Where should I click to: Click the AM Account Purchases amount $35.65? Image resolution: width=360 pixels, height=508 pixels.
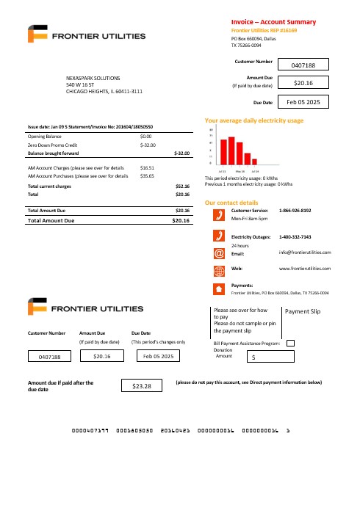coord(146,176)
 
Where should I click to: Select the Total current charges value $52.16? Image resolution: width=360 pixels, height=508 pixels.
coord(182,186)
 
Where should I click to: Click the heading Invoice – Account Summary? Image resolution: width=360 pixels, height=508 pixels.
coord(273,22)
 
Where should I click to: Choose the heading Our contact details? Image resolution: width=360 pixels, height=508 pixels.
coord(231,202)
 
